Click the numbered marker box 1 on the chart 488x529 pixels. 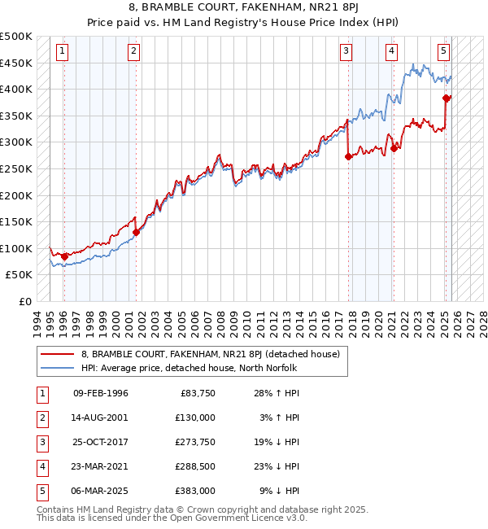click(x=63, y=51)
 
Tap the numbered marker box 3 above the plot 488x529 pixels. click(x=346, y=51)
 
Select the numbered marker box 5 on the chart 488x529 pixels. click(x=444, y=51)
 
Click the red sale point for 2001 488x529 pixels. click(x=136, y=233)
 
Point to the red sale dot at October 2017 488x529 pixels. click(x=348, y=156)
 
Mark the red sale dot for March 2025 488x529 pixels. click(x=447, y=98)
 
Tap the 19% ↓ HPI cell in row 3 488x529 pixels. click(x=277, y=442)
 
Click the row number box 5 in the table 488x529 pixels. click(x=41, y=491)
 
